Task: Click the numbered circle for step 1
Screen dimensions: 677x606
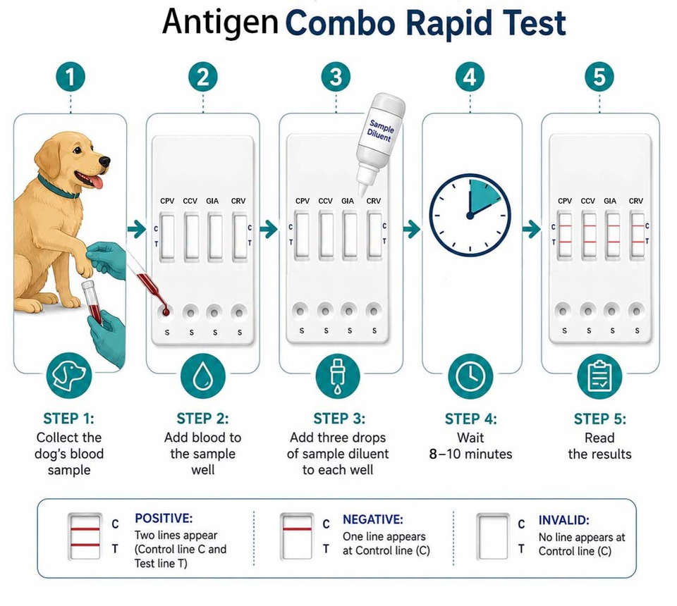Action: coord(71,77)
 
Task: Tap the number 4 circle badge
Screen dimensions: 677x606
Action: coord(470,77)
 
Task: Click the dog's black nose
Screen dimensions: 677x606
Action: coord(104,162)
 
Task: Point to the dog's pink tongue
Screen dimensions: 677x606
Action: coord(97,181)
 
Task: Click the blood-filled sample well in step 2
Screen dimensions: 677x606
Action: coord(165,311)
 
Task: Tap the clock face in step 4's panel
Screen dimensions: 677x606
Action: coord(470,215)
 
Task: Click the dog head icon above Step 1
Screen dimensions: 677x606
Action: coord(69,376)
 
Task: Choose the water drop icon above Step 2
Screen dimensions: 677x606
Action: coord(202,376)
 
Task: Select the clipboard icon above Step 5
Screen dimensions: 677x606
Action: coord(599,376)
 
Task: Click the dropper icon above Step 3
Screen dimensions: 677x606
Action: coord(338,376)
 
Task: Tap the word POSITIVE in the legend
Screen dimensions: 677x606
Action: coord(164,518)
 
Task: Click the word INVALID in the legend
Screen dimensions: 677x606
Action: coord(564,520)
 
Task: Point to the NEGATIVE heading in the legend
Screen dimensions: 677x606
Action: coord(373,519)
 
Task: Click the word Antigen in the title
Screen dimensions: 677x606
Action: coord(220,23)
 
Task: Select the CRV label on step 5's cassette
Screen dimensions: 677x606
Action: coord(636,201)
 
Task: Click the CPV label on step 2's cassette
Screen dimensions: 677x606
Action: coord(167,201)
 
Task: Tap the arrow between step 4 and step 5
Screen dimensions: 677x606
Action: coord(532,228)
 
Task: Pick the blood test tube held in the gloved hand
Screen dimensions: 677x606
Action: coord(93,302)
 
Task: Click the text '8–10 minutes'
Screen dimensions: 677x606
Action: coord(470,454)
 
